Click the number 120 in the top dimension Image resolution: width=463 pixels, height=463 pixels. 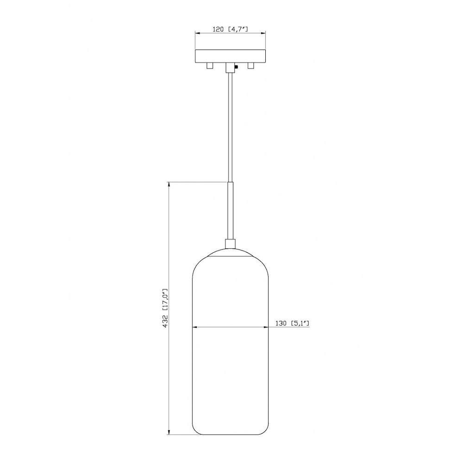tap(219, 29)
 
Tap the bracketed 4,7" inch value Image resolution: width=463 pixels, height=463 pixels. tap(238, 29)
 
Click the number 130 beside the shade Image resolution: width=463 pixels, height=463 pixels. tap(281, 323)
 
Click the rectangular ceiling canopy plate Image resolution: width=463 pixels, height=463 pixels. tap(230, 56)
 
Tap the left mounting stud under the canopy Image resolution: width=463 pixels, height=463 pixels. tap(209, 66)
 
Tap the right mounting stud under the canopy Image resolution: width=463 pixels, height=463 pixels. tap(251, 66)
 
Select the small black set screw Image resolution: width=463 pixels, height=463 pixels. tap(236, 67)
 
